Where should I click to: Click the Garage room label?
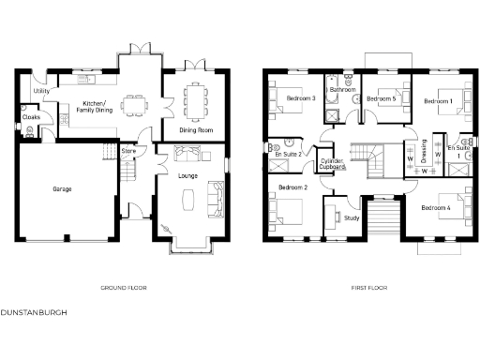click(62, 188)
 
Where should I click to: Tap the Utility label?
click(40, 91)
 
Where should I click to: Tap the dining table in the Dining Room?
click(194, 97)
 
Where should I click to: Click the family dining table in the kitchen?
click(132, 97)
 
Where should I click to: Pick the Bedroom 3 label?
click(298, 97)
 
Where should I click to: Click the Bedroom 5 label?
click(381, 98)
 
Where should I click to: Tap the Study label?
click(352, 217)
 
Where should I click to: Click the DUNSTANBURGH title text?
click(33, 310)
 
